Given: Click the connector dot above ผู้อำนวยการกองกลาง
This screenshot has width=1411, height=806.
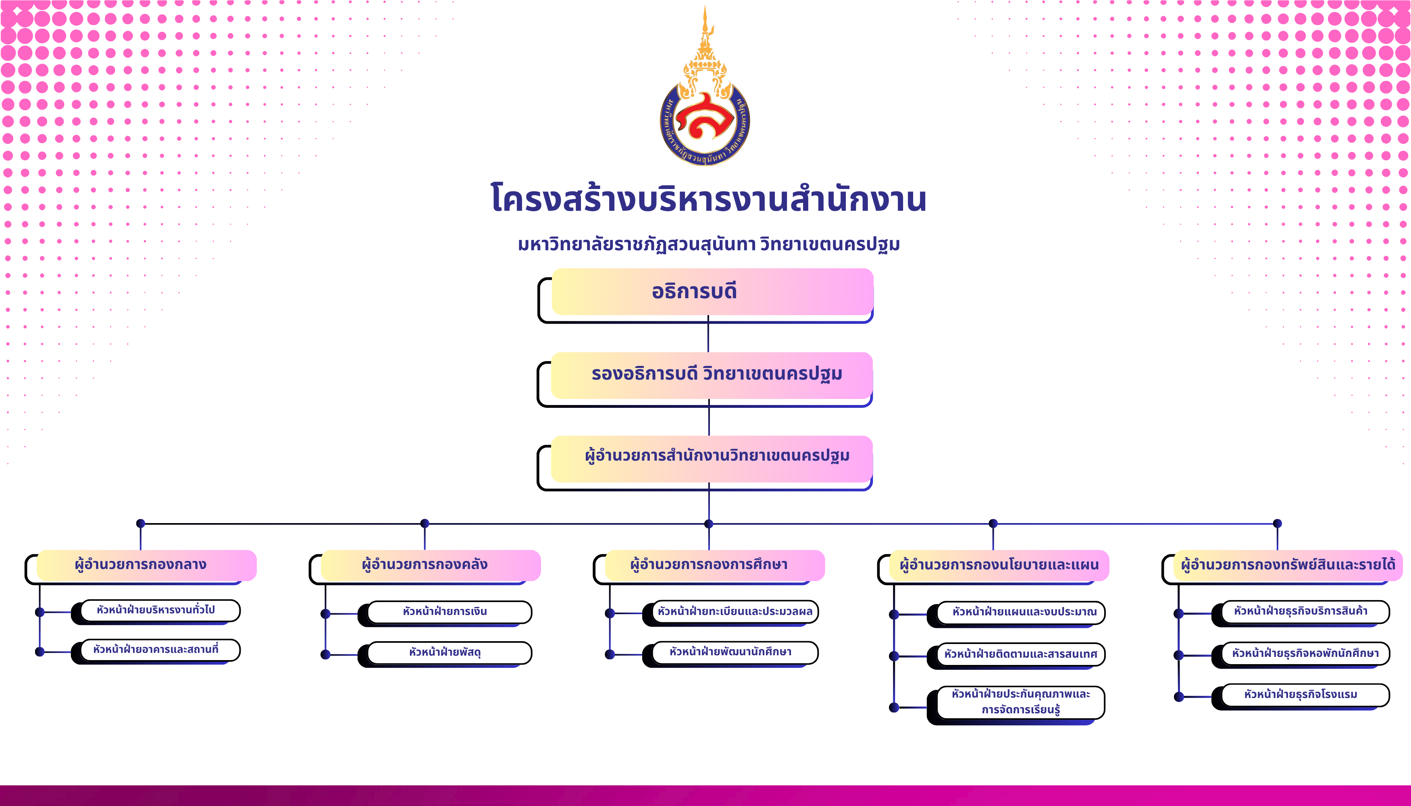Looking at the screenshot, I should coord(141,523).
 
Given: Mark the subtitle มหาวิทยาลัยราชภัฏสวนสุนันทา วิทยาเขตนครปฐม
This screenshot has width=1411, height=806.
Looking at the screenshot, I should coord(708,244).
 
